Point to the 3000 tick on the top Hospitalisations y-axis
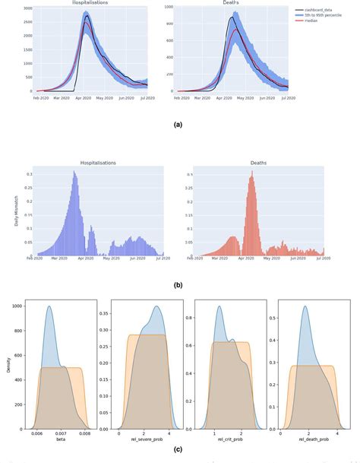pos(26,8)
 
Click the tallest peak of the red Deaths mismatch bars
pos(251,172)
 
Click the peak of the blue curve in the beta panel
pos(49,306)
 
